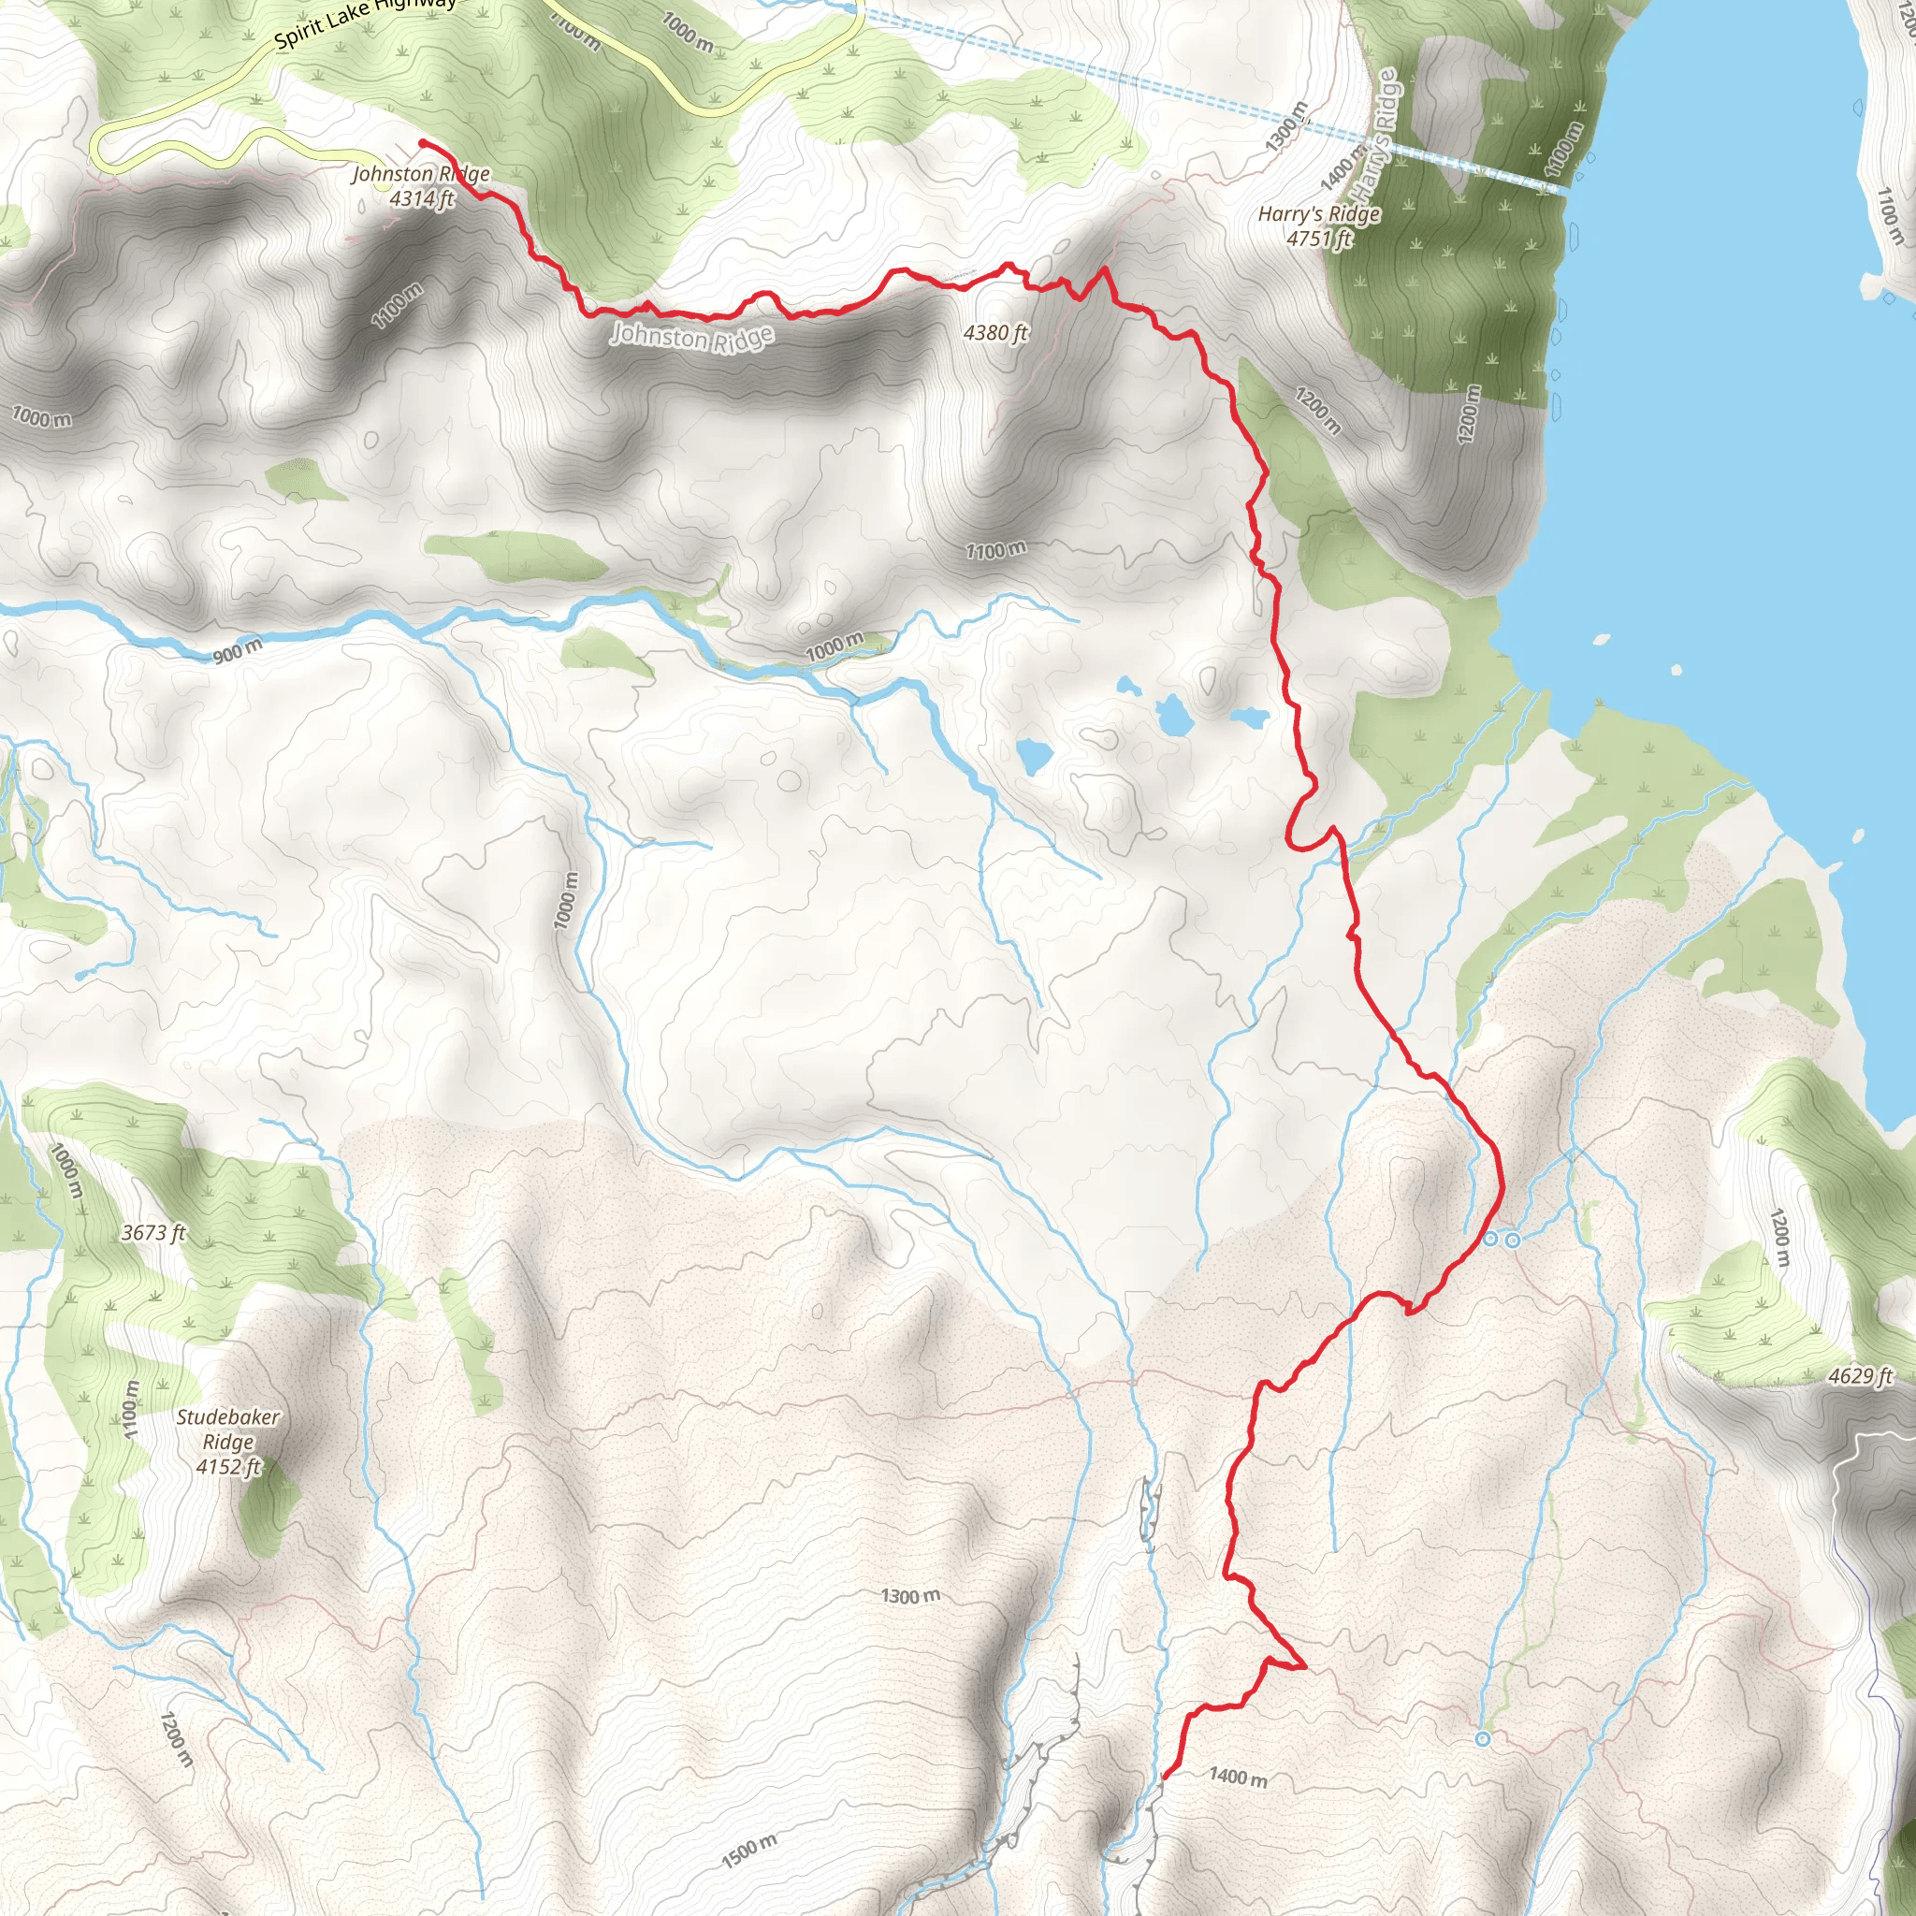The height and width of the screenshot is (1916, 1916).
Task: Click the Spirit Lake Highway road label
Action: (365, 22)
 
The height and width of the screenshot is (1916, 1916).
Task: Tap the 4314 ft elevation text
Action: (422, 198)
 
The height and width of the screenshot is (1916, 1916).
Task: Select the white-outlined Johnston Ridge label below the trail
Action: (691, 337)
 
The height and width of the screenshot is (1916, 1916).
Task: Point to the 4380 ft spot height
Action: (995, 333)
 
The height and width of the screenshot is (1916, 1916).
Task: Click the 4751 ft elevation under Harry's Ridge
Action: (1318, 238)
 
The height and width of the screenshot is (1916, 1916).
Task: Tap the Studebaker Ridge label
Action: (228, 1430)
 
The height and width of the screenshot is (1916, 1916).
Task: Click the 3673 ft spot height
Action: (153, 1233)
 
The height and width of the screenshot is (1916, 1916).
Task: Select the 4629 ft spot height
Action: (1861, 1375)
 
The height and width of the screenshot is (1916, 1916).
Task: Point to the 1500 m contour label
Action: (749, 1851)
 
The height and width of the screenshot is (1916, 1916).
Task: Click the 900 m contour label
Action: (238, 650)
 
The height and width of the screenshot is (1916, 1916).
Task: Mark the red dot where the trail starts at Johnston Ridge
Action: (424, 144)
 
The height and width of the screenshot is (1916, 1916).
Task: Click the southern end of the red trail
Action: (1163, 1778)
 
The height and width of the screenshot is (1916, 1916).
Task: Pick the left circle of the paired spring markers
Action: (1489, 1239)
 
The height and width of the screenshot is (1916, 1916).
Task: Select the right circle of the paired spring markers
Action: (1513, 1240)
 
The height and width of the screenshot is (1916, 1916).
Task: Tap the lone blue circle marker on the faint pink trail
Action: (1483, 1739)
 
